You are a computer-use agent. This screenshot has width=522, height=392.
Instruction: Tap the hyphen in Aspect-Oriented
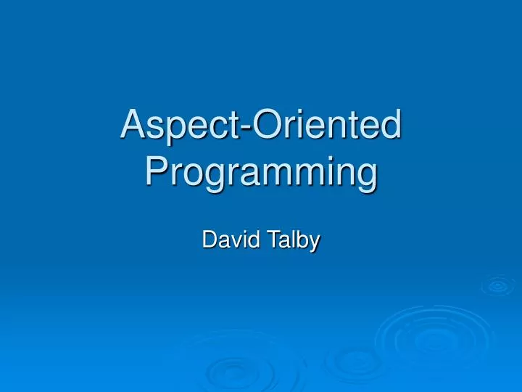pyautogui.click(x=249, y=127)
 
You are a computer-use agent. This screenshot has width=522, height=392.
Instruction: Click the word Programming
pyautogui.click(x=261, y=173)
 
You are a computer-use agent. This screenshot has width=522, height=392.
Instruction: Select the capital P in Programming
pyautogui.click(x=157, y=172)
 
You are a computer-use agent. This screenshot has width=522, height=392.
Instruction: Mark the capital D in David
pyautogui.click(x=210, y=240)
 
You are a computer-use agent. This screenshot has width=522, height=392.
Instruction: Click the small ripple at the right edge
pyautogui.click(x=498, y=286)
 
